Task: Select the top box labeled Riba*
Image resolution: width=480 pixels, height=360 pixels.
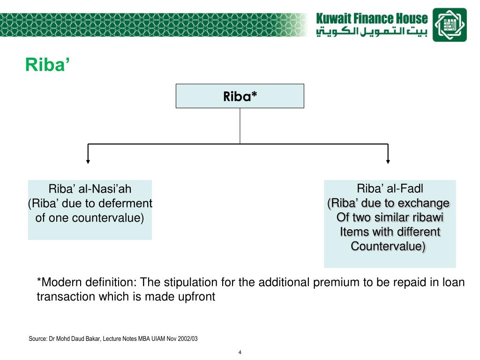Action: pyautogui.click(x=240, y=96)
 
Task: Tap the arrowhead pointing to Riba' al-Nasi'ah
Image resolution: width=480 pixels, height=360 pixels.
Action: pyautogui.click(x=88, y=161)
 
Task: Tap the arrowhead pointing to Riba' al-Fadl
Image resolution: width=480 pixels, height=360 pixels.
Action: pyautogui.click(x=388, y=161)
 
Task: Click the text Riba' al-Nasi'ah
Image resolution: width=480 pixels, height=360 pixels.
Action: pyautogui.click(x=90, y=189)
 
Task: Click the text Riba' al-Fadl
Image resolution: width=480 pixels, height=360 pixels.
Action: pyautogui.click(x=390, y=189)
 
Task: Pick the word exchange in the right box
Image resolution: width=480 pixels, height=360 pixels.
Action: pyautogui.click(x=427, y=203)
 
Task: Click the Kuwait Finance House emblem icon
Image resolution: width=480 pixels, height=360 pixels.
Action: pyautogui.click(x=450, y=25)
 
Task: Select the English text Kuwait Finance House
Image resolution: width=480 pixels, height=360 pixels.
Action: pyautogui.click(x=372, y=19)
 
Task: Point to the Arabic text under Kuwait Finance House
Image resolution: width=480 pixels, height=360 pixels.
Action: pyautogui.click(x=372, y=33)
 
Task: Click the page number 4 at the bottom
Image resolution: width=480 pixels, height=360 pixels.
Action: pyautogui.click(x=240, y=352)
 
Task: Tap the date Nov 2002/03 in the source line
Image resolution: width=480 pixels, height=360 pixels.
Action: pyautogui.click(x=180, y=338)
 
